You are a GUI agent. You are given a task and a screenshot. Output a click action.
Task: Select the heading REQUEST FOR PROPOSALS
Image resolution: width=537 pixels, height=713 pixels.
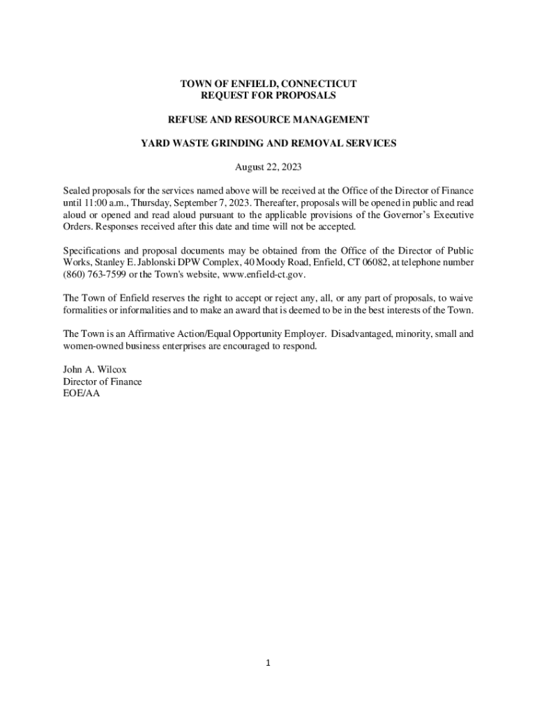click(268, 95)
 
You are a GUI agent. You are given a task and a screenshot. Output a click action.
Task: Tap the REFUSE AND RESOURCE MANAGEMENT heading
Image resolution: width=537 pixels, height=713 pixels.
click(268, 120)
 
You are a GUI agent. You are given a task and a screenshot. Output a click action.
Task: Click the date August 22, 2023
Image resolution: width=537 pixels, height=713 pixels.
click(268, 167)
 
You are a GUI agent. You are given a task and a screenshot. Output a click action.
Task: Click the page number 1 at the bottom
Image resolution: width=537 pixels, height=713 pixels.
click(268, 664)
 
